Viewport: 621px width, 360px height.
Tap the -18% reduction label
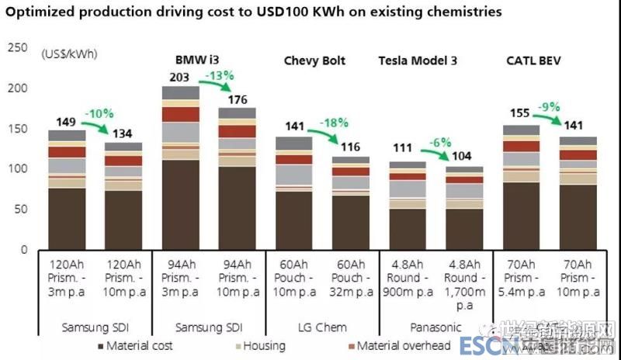tap(336, 123)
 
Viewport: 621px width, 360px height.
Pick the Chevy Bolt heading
tap(314, 60)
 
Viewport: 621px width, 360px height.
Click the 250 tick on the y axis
tap(17, 48)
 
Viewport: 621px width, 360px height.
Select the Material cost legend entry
tap(135, 345)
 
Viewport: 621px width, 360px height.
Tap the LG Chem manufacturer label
tap(321, 327)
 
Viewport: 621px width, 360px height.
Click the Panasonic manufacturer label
tap(436, 327)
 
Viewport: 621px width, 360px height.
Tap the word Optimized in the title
tap(40, 12)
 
